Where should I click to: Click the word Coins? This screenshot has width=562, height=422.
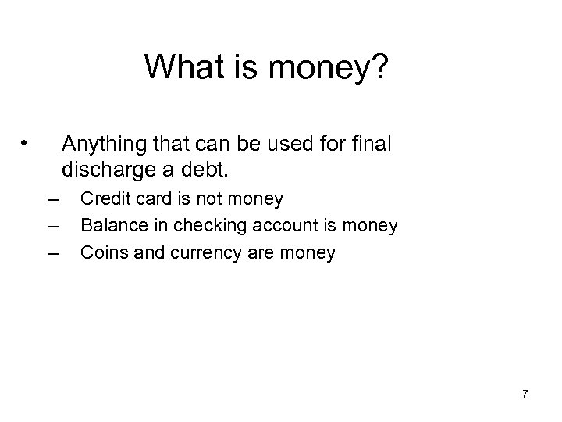click(x=101, y=252)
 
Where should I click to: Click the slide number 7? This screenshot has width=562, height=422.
click(x=525, y=395)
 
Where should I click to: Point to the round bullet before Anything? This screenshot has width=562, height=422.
click(x=26, y=143)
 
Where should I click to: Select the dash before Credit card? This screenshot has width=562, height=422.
click(x=53, y=200)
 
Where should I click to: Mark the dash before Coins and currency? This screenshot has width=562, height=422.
click(x=53, y=253)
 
